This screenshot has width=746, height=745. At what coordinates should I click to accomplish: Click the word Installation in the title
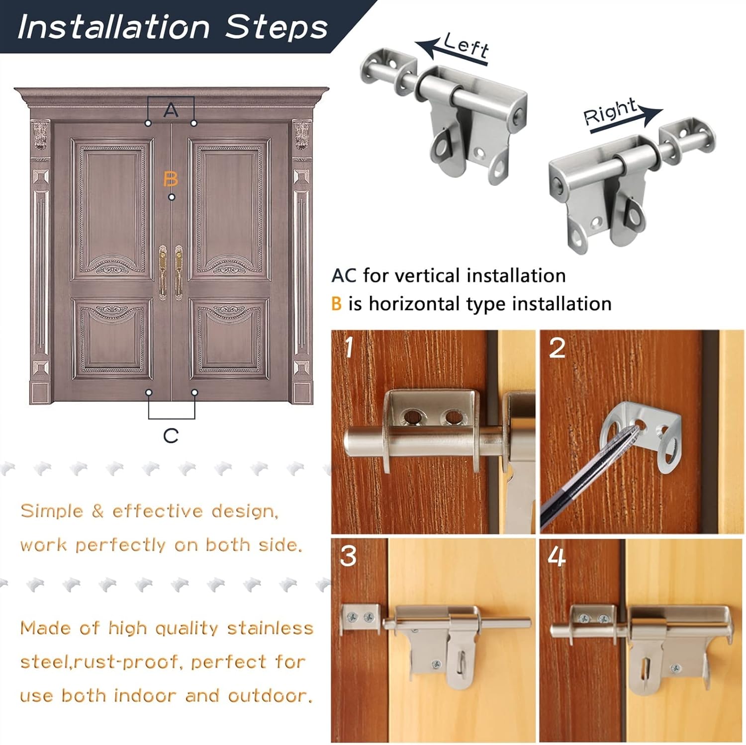(x=113, y=27)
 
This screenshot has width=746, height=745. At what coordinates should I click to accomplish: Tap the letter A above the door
(x=171, y=110)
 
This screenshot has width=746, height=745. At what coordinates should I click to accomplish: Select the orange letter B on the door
(x=171, y=178)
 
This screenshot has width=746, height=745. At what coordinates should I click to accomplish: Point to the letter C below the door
(x=171, y=436)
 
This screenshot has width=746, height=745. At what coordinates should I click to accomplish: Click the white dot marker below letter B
(x=172, y=197)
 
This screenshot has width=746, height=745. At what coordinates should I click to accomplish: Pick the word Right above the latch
(x=610, y=112)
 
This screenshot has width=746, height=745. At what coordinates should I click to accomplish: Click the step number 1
(x=349, y=347)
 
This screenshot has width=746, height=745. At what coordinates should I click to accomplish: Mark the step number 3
(x=348, y=556)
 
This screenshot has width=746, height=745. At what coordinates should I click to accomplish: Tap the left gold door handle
(x=162, y=271)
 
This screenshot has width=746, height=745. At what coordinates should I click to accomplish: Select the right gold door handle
(x=179, y=271)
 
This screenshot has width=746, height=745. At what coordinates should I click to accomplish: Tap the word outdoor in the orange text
(x=270, y=696)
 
